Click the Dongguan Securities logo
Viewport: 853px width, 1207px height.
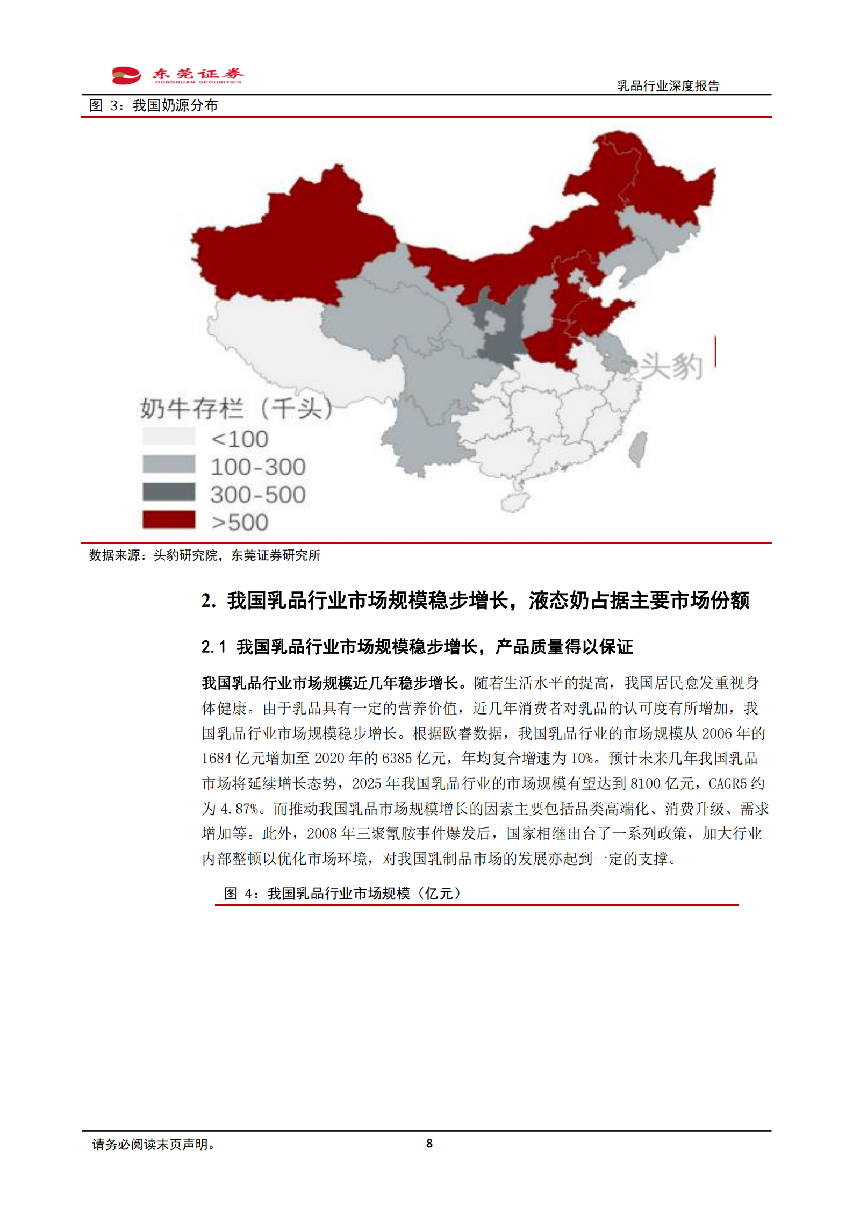[x=177, y=75]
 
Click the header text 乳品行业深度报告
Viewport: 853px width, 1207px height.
[x=668, y=86]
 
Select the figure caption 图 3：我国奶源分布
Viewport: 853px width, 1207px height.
[x=153, y=105]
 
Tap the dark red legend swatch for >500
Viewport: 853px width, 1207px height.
[x=169, y=520]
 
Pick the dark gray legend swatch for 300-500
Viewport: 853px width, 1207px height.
[x=169, y=492]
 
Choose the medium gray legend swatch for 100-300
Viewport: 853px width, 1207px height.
[x=169, y=464]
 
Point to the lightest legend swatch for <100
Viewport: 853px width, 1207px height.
[x=169, y=437]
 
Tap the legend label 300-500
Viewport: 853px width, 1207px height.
[x=258, y=495]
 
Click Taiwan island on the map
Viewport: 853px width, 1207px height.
[x=638, y=448]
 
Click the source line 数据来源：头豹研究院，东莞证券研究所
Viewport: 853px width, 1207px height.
[x=204, y=555]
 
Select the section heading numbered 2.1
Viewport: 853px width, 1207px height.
[x=417, y=647]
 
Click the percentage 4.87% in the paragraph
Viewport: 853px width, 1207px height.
[x=239, y=809]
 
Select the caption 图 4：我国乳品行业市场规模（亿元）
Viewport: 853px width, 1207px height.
[x=342, y=894]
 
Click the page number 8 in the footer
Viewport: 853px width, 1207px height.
[x=429, y=1144]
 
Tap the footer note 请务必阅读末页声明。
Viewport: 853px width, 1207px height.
[x=154, y=1145]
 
